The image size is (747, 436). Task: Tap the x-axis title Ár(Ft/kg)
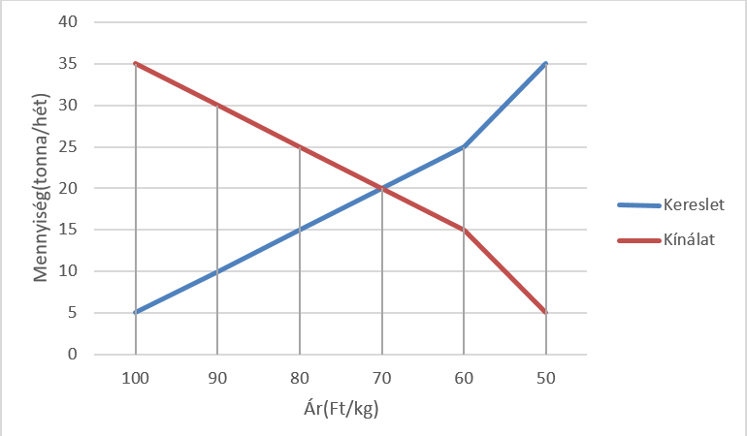341,408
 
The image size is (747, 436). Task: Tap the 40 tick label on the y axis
68,22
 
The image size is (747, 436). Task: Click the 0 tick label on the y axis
72,355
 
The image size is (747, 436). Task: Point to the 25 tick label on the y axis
68,147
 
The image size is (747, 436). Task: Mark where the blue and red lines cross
382,188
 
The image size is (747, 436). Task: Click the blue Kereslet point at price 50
546,64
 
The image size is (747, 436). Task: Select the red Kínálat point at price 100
135,64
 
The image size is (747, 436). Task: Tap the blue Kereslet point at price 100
135,313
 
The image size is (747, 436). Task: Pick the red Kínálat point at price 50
546,313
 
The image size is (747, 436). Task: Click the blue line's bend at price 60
464,147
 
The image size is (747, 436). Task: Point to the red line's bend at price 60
464,230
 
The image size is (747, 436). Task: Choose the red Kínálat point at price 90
217,106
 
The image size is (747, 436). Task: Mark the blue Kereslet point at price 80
300,230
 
